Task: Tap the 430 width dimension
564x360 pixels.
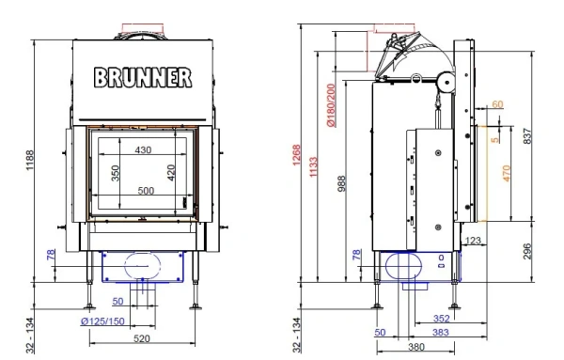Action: pyautogui.click(x=142, y=149)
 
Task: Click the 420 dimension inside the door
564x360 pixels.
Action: pyautogui.click(x=171, y=176)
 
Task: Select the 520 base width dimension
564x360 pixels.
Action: pyautogui.click(x=143, y=338)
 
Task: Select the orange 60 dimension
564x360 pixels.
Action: pyautogui.click(x=497, y=103)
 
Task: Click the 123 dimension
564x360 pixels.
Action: pyautogui.click(x=473, y=242)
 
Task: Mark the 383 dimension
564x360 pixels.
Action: pyautogui.click(x=439, y=332)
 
